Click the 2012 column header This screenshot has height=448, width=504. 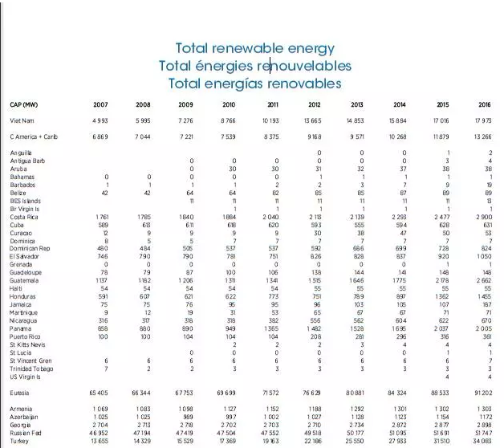(315, 105)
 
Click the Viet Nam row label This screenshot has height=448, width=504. (22, 120)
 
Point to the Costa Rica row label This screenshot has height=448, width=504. (22, 218)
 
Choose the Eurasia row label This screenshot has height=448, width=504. (20, 393)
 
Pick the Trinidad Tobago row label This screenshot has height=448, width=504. (31, 368)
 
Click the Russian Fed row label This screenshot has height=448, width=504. (26, 433)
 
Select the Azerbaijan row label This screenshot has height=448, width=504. (24, 417)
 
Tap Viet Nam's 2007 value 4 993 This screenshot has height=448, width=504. (100, 120)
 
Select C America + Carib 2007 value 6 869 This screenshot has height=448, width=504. (100, 136)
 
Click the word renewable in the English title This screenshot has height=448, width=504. (251, 48)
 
